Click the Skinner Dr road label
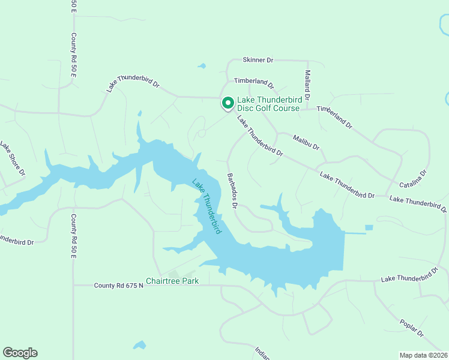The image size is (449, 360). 258,60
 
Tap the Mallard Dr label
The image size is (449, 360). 307,85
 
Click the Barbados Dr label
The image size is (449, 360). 232,191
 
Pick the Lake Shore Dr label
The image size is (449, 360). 13,158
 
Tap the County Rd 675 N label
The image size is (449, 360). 118,286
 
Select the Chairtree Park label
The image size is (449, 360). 172,280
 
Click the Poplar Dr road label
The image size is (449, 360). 412,325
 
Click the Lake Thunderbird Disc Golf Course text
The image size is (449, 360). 268,104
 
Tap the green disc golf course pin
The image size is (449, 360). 228,103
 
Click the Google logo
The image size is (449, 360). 20,353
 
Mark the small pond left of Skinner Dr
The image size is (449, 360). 202,65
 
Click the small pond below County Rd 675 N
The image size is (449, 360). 139,345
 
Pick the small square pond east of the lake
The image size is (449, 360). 369,227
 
